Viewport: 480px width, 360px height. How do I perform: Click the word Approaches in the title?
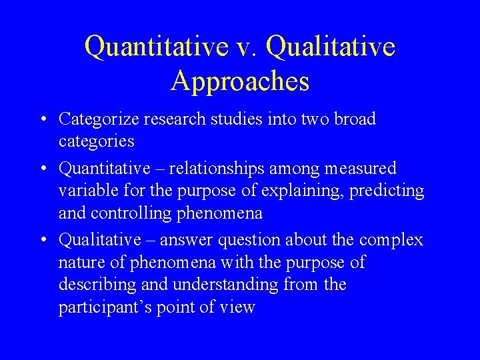[240, 81]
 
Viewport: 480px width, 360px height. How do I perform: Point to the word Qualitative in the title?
[330, 47]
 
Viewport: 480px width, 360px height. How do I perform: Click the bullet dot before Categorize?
[42, 120]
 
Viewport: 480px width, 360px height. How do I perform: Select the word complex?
[391, 239]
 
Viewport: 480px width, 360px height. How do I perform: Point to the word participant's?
[103, 307]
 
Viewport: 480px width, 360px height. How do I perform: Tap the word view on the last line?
[238, 307]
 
